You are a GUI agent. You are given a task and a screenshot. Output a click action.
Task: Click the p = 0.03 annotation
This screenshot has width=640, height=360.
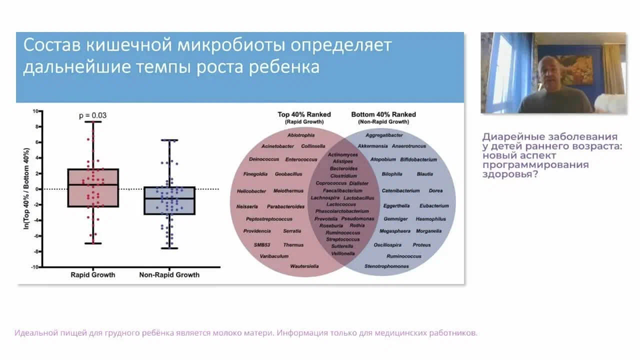[x=92, y=115]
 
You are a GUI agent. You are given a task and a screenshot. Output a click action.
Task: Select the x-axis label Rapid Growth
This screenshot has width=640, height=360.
[x=92, y=274]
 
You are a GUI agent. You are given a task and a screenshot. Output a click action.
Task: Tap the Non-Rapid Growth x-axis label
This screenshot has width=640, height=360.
[x=169, y=274]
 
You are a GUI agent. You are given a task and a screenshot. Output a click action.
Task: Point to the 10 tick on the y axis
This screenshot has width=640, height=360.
[x=35, y=111]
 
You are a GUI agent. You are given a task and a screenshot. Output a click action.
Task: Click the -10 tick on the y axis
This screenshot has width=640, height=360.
[x=34, y=267]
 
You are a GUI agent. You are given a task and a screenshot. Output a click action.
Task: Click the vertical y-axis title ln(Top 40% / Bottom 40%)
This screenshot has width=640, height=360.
[x=26, y=189]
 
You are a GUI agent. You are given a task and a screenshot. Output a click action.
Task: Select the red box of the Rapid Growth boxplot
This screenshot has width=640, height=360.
[x=93, y=187]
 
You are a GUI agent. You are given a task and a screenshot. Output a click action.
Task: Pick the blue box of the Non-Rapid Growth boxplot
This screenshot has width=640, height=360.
[x=169, y=200]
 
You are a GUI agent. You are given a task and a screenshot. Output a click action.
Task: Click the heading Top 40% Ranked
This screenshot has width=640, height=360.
[x=304, y=114]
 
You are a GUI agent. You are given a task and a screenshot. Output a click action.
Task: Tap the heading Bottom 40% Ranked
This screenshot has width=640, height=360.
[x=383, y=114]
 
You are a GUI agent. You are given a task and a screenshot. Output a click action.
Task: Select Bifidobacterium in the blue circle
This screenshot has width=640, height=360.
[x=418, y=159]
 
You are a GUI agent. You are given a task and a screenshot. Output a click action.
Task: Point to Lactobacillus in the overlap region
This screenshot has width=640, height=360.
[x=358, y=198]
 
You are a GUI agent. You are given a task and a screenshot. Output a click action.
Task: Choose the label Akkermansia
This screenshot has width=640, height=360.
[x=372, y=146]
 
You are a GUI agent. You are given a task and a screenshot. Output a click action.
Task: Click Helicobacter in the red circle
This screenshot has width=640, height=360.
[x=251, y=191]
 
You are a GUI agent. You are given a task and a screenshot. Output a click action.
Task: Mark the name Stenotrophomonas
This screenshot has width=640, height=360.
[x=386, y=266]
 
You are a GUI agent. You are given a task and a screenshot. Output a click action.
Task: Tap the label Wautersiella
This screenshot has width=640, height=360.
[x=304, y=266]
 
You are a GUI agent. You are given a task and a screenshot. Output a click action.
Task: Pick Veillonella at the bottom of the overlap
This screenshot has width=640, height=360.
[x=343, y=253]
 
